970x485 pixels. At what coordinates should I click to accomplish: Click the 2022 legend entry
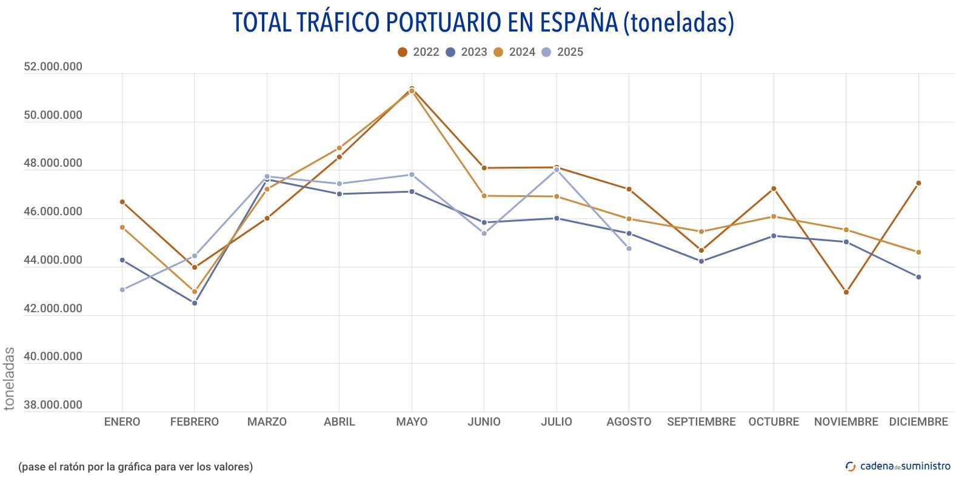[x=418, y=52]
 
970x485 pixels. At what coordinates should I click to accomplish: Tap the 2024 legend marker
[x=499, y=52]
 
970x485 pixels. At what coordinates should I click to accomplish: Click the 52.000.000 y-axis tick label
[x=53, y=67]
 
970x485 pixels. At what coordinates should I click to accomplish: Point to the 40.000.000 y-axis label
[x=53, y=356]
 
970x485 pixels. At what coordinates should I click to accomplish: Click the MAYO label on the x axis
[x=412, y=422]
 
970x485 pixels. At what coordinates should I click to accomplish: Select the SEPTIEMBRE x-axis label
[x=701, y=422]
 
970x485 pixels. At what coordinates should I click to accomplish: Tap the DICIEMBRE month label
[x=918, y=422]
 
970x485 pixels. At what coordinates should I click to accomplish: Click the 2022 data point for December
[x=918, y=183]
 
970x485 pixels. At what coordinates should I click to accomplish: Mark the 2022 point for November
[x=846, y=292]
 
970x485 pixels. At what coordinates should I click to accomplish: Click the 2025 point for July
[x=557, y=170]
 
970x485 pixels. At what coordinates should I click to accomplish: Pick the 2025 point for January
[x=122, y=290]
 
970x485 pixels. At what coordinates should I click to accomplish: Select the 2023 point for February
[x=195, y=303]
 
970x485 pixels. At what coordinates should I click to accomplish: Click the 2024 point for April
[x=339, y=148]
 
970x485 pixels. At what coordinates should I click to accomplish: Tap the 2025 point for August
[x=629, y=249]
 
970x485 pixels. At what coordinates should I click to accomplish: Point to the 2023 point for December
[x=918, y=277]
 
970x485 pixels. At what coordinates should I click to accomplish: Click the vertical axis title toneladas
[x=9, y=378]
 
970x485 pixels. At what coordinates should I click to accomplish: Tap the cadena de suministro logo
[x=898, y=466]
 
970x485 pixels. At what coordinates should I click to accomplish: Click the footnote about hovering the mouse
[x=135, y=467]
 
